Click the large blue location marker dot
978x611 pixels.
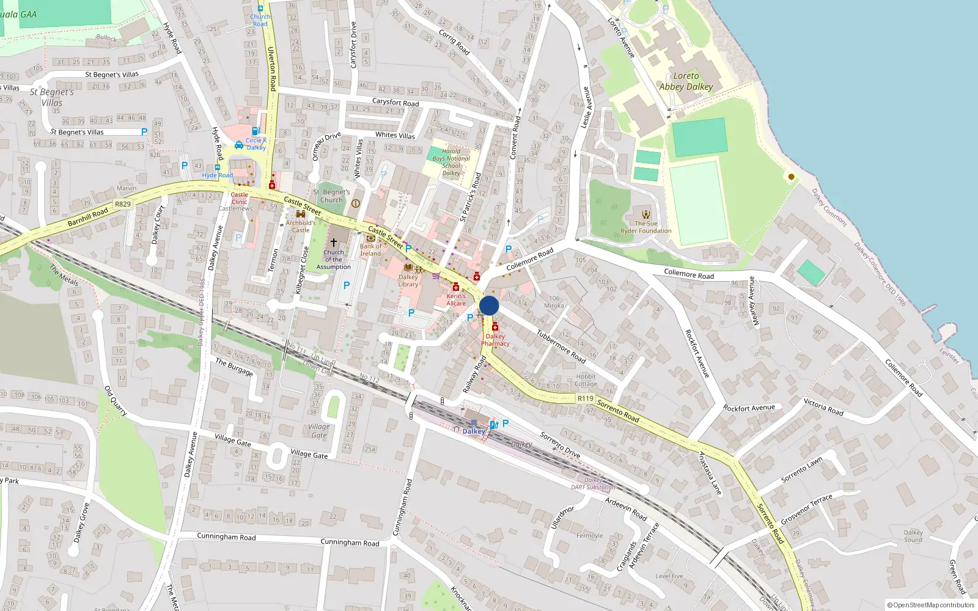(x=489, y=306)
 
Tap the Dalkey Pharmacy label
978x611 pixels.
(x=495, y=340)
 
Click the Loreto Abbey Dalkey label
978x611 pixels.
(x=686, y=81)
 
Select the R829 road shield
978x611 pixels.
(x=123, y=204)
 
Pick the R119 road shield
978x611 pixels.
(x=586, y=398)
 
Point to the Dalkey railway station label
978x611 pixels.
(x=474, y=431)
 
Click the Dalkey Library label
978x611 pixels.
(x=408, y=280)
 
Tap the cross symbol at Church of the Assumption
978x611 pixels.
(x=334, y=243)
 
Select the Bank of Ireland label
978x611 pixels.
(x=370, y=250)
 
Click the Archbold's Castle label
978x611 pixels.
(x=301, y=226)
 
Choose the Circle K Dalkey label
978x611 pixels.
(x=256, y=144)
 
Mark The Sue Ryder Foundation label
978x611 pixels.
(x=645, y=227)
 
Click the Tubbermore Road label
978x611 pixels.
(x=561, y=346)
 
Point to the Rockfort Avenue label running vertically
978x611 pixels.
(x=697, y=353)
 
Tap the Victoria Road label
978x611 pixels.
(x=823, y=407)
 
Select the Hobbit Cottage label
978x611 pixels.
(x=586, y=380)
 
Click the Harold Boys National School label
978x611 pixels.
(x=451, y=162)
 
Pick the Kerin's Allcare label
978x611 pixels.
(x=456, y=299)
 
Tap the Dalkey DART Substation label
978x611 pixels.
(x=593, y=484)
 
